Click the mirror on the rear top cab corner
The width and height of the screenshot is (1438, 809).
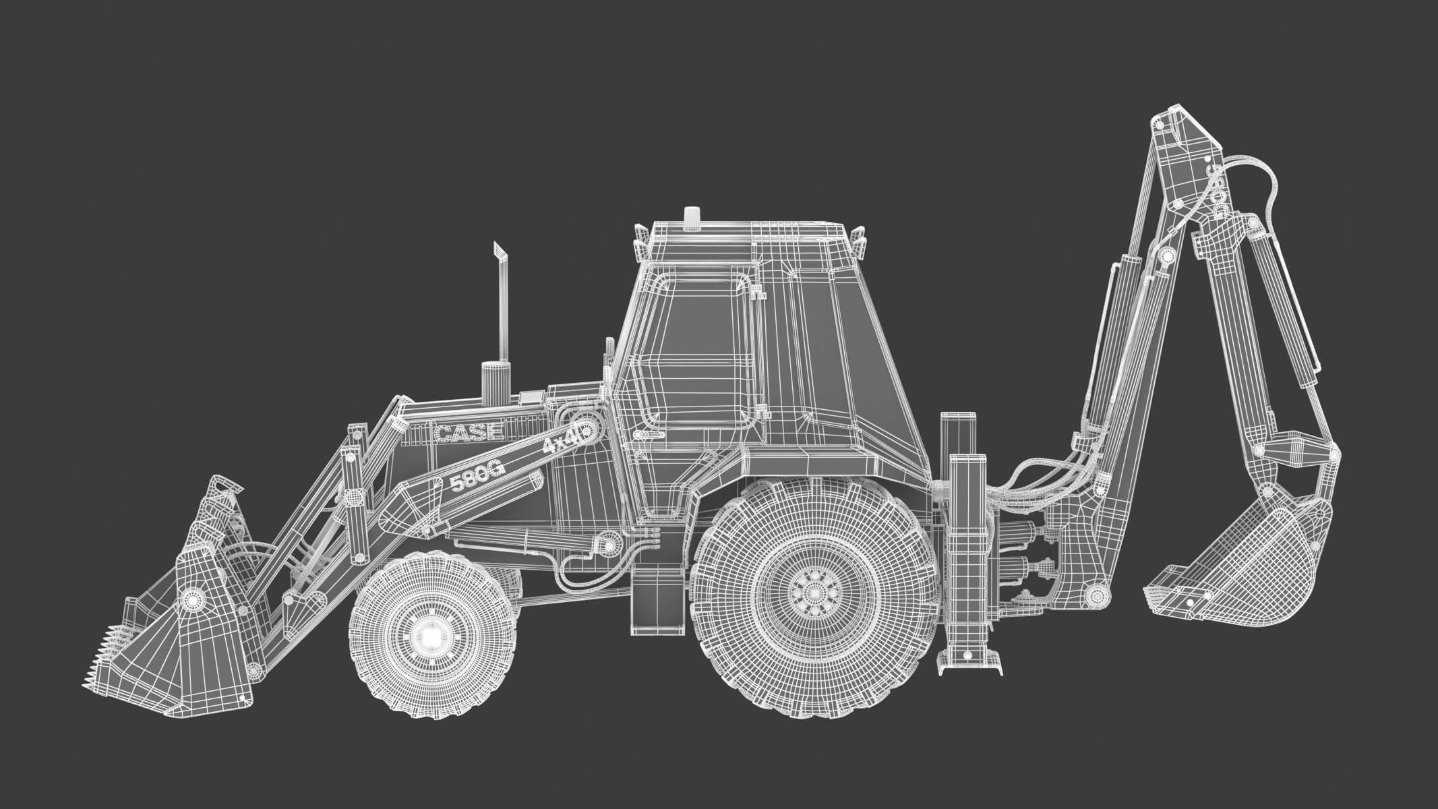pos(860,239)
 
